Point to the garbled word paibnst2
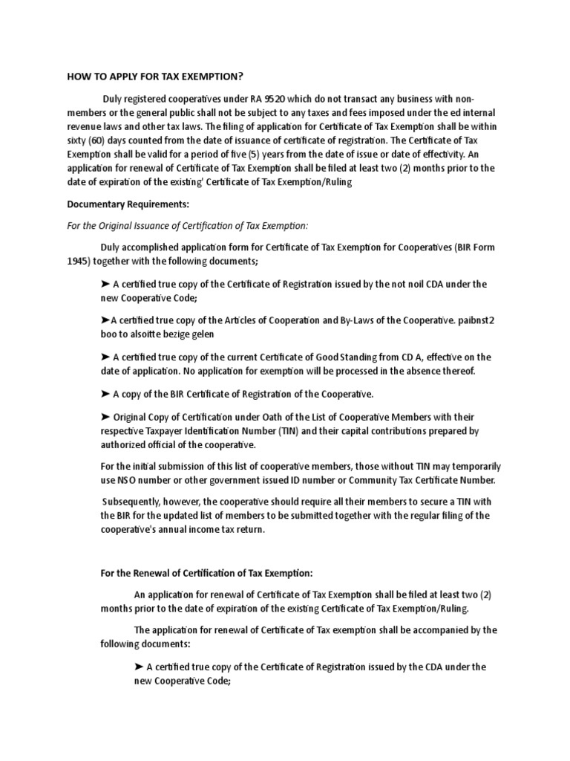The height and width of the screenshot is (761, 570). [465, 320]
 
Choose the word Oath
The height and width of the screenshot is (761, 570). [271, 416]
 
